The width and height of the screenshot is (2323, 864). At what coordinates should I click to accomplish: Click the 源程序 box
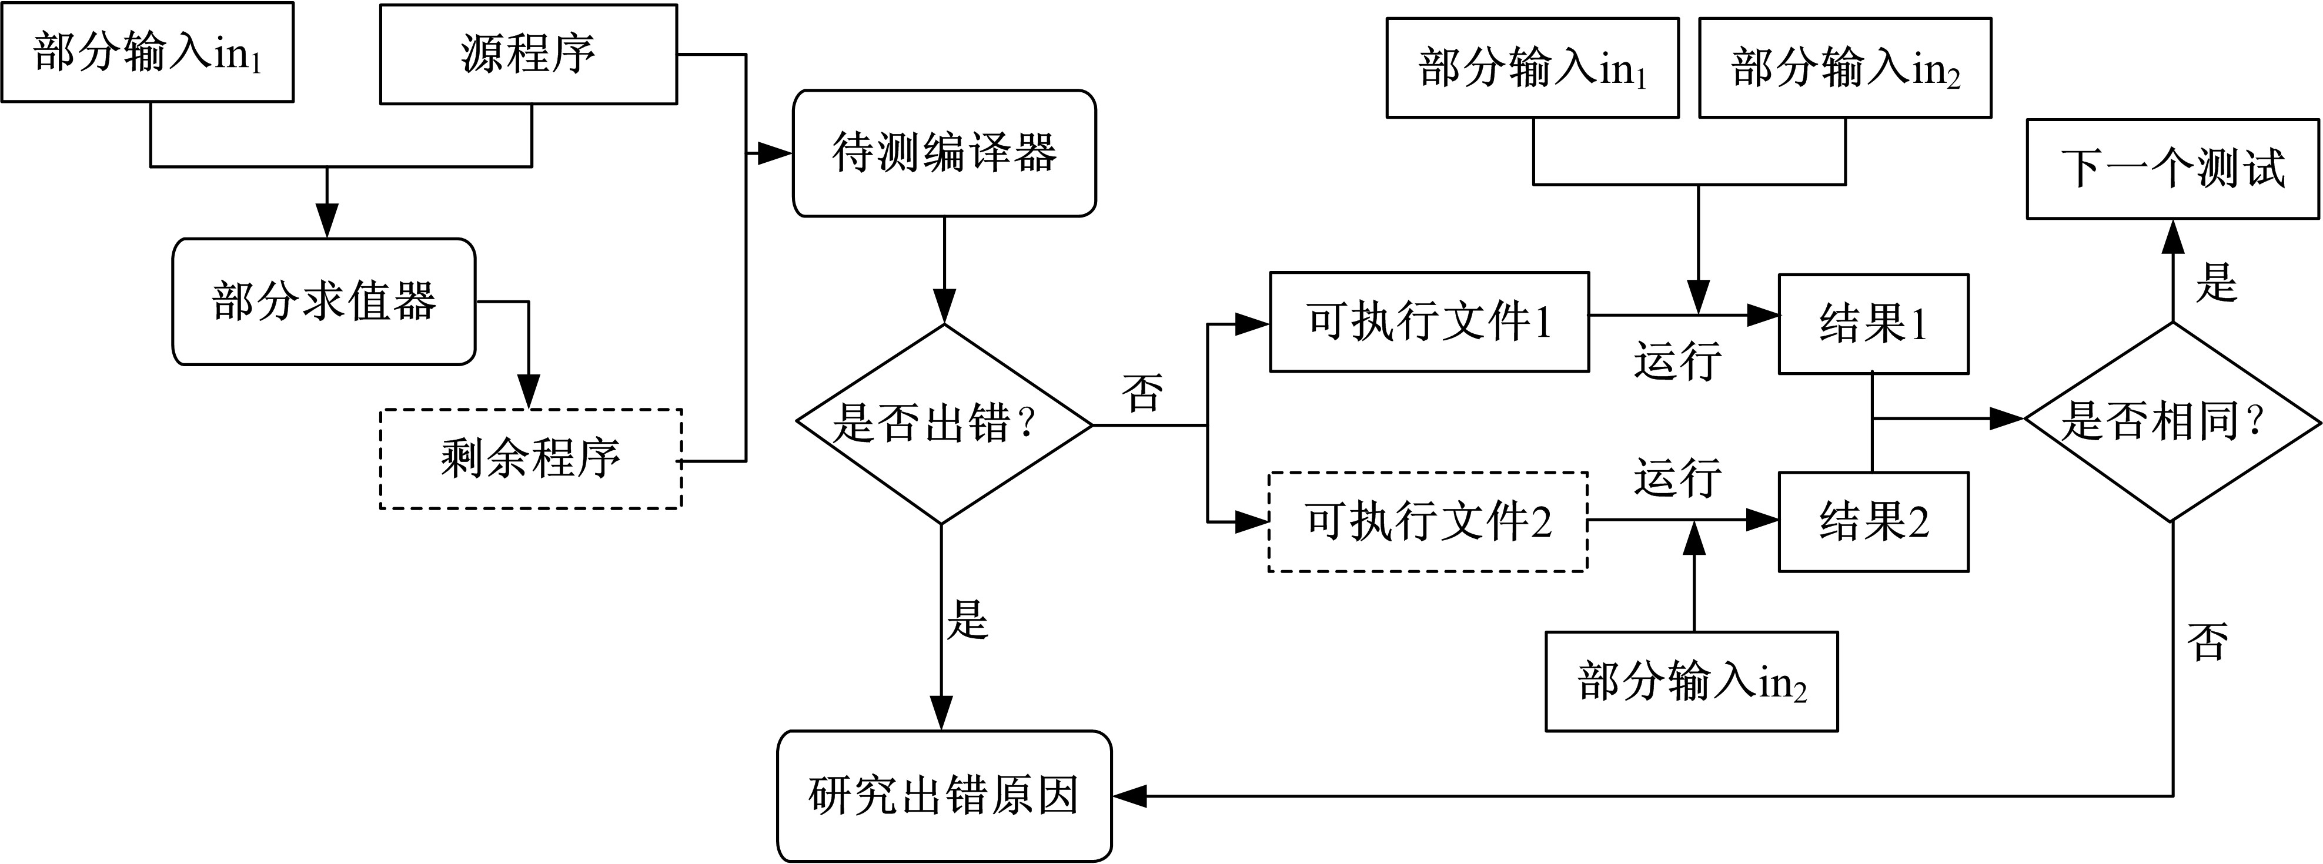529,54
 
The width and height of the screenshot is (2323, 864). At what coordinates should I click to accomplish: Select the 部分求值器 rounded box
324,302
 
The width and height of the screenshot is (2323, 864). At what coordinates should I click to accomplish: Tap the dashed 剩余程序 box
530,459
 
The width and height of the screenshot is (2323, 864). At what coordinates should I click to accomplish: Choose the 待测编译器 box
944,153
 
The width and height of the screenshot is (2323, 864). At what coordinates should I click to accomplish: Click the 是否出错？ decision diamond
943,424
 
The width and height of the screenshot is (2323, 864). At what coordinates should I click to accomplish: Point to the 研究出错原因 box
944,795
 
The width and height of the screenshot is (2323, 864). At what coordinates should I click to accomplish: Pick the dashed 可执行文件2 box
1428,521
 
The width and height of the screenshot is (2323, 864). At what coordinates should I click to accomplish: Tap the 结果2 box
1873,522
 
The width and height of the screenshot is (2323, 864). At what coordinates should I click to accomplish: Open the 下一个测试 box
2172,169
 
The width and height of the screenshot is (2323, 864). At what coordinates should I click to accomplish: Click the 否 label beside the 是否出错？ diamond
1142,393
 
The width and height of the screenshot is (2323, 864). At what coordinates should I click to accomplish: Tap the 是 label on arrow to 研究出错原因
968,621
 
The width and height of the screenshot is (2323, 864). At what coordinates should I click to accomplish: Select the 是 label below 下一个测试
2215,282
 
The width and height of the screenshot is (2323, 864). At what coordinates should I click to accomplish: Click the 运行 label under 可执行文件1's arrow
1677,361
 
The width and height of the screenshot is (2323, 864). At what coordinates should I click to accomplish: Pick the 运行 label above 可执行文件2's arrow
1677,477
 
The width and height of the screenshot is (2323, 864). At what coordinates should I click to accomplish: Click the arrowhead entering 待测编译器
776,153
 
